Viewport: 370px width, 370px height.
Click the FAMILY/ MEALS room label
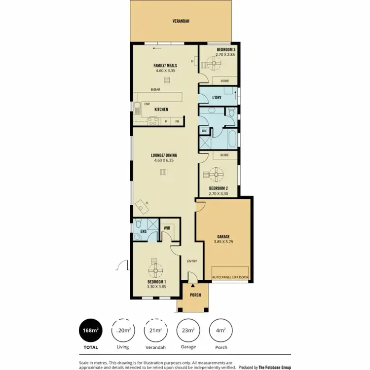click(x=165, y=65)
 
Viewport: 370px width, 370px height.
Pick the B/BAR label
click(x=156, y=89)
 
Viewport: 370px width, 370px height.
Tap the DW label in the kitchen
click(x=147, y=104)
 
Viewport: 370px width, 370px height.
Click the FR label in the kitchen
click(x=176, y=121)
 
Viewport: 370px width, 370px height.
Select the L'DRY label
click(x=216, y=98)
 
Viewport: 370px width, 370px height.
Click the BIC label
click(x=204, y=131)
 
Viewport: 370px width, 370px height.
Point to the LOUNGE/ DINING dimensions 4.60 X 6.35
click(x=164, y=160)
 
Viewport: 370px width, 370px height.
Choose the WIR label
click(x=167, y=228)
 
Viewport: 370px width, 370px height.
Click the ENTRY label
click(x=192, y=261)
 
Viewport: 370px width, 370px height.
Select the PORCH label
click(x=196, y=295)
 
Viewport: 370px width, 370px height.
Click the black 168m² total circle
click(x=91, y=331)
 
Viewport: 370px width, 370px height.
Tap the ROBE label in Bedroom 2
click(x=224, y=155)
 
